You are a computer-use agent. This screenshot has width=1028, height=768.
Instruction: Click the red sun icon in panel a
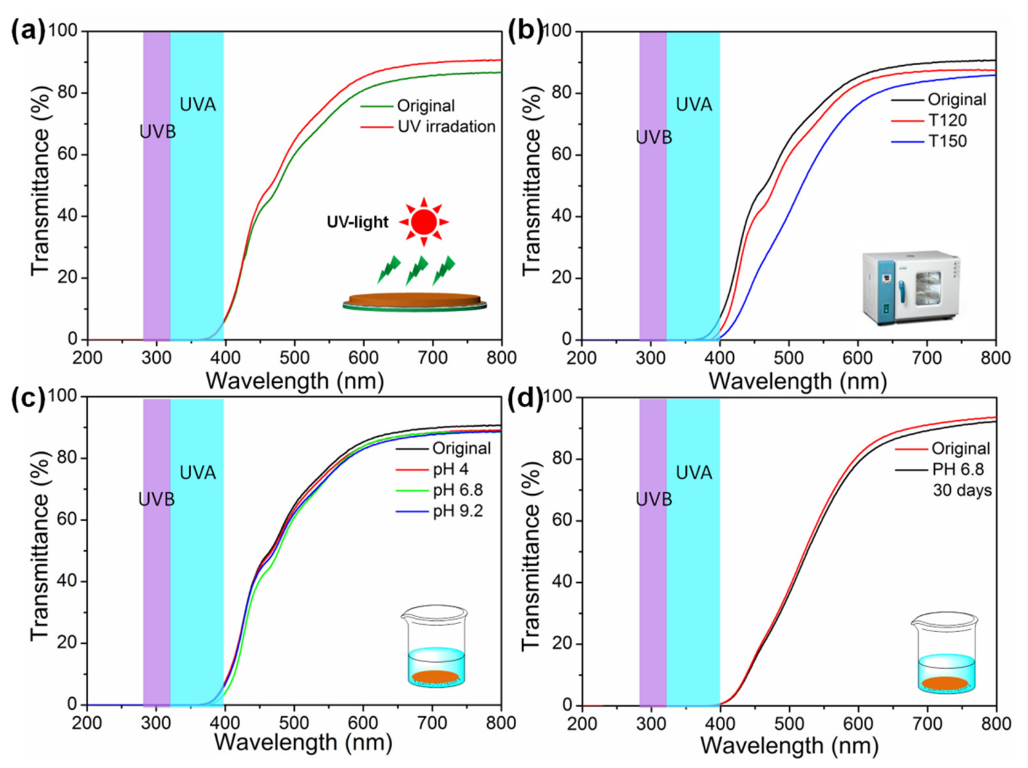(x=423, y=222)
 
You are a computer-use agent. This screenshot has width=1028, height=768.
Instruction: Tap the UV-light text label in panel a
(x=357, y=222)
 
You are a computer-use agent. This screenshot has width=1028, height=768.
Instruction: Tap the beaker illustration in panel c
(x=435, y=646)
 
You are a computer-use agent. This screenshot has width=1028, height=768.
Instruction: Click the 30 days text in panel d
(x=962, y=490)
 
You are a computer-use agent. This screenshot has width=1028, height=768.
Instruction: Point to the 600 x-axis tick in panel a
(x=363, y=358)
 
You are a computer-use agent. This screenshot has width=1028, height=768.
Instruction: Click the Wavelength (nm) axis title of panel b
(x=797, y=382)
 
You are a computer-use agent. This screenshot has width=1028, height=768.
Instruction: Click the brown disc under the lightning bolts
(x=414, y=300)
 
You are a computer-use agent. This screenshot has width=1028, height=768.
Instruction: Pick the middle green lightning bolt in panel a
(x=416, y=270)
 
